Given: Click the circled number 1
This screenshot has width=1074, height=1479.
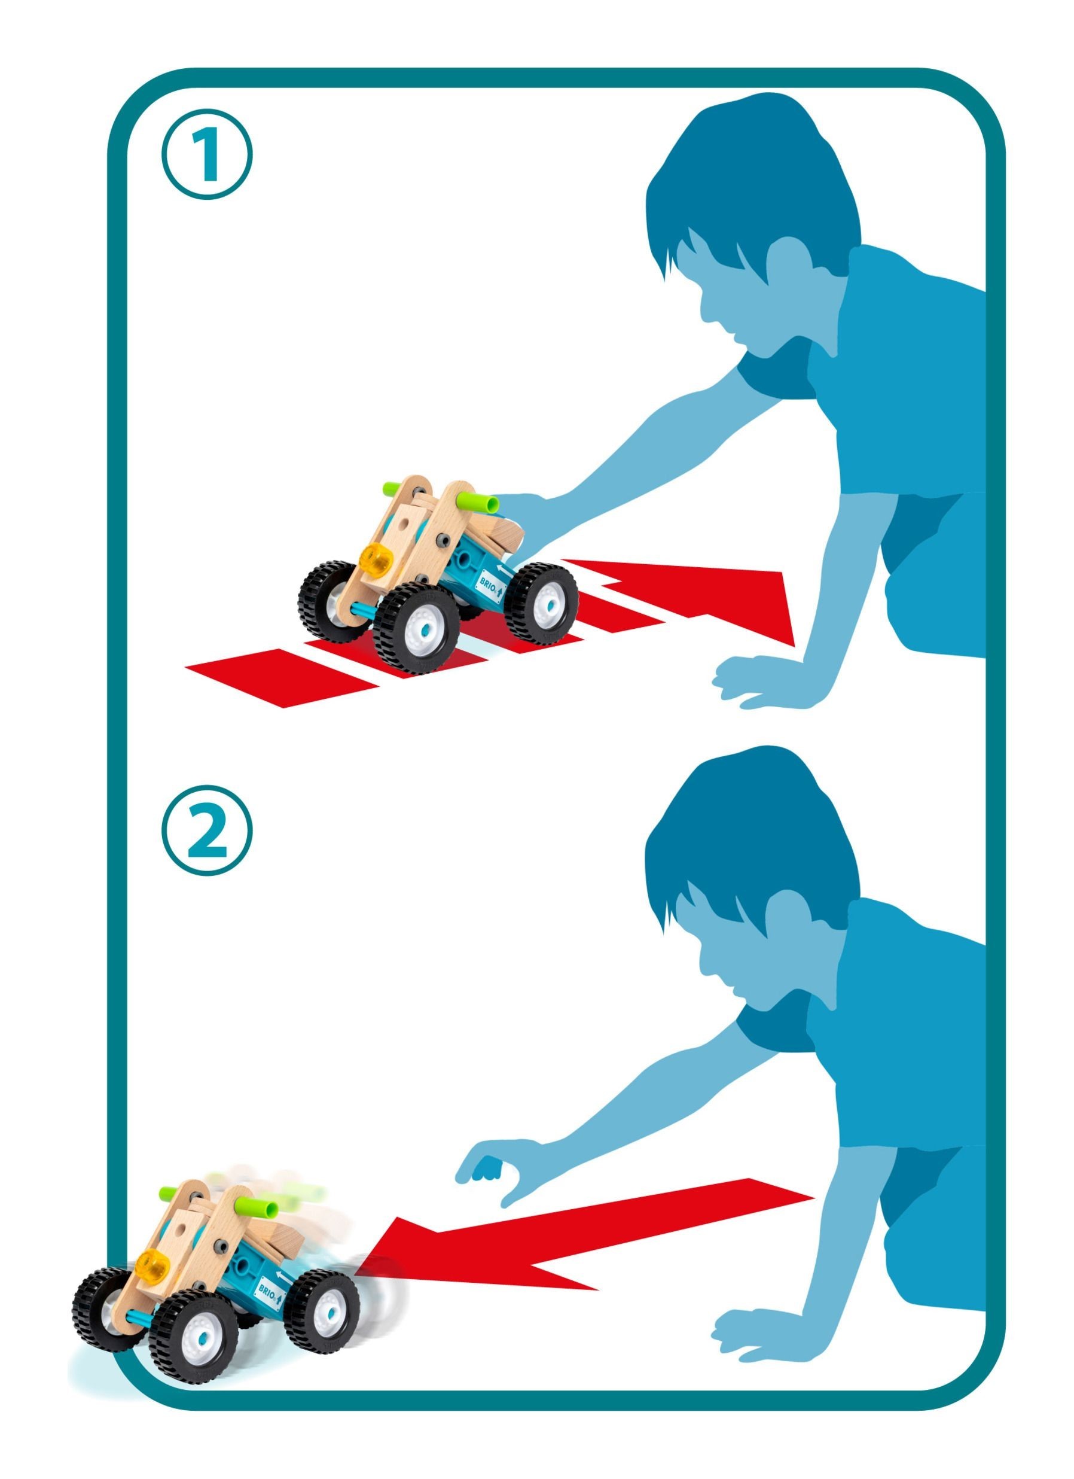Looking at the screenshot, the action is (x=206, y=154).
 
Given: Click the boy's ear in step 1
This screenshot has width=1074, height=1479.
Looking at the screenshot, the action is (x=787, y=266).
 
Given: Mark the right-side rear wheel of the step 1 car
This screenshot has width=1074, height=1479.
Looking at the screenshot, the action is (x=540, y=601).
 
